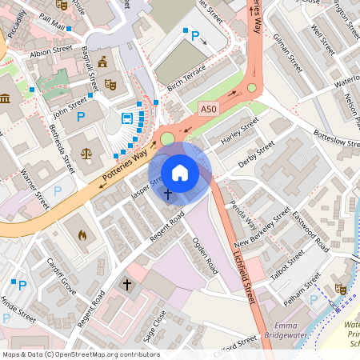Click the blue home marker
tap(180, 172)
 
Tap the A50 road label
tap(209, 109)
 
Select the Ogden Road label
tap(206, 254)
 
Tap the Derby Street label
tap(256, 154)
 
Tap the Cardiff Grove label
tap(61, 275)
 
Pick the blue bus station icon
tap(127, 119)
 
